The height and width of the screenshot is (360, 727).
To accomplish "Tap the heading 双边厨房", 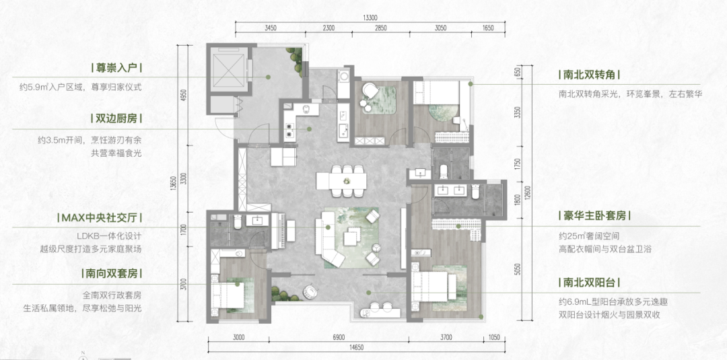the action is pyautogui.click(x=116, y=119).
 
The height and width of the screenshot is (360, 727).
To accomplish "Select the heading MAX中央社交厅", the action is pyautogui.click(x=100, y=218).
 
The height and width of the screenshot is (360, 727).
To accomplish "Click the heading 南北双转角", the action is pyautogui.click(x=589, y=75).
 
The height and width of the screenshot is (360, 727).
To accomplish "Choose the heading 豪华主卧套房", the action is pyautogui.click(x=595, y=216).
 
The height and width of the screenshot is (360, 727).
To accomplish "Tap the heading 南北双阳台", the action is pyautogui.click(x=589, y=283).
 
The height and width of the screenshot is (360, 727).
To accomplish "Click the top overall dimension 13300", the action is pyautogui.click(x=370, y=18).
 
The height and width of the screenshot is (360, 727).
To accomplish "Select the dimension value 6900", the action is pyautogui.click(x=339, y=337).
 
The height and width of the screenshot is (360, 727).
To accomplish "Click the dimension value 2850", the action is pyautogui.click(x=380, y=28).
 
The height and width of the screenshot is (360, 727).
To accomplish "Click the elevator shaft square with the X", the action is pyautogui.click(x=228, y=71).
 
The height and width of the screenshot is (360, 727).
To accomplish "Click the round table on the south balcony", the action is pyautogui.click(x=310, y=291).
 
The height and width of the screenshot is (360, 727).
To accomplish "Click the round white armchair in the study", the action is pyautogui.click(x=370, y=90).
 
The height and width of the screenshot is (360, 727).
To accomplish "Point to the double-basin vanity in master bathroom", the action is pyautogui.click(x=450, y=190).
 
